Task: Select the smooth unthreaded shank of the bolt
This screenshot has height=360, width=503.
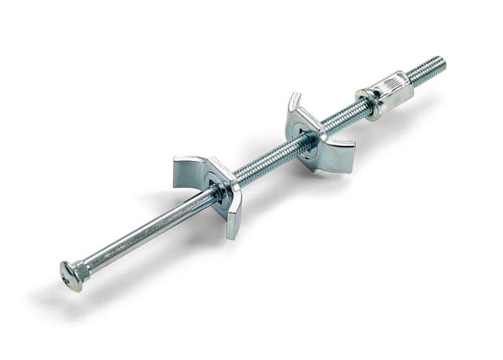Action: coord(141,232)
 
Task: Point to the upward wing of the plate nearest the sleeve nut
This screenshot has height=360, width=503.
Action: coord(293,106)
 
